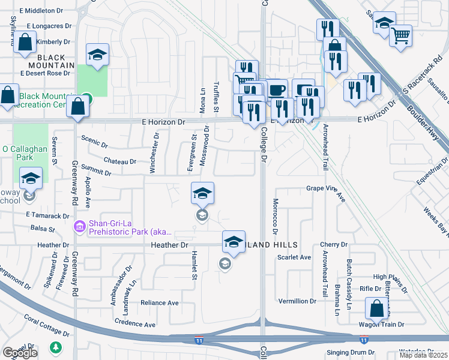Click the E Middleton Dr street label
[41, 11]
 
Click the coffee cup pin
[276, 90]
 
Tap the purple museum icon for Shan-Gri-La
[79, 227]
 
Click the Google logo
[20, 353]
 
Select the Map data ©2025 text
[423, 355]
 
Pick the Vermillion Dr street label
[297, 301]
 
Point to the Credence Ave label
[136, 323]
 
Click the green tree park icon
[56, 347]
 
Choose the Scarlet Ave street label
[294, 257]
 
